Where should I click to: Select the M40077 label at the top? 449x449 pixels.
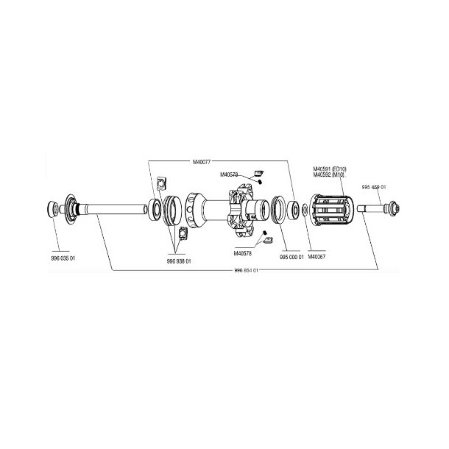tap(201, 161)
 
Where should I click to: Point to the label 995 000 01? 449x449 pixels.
tap(291, 258)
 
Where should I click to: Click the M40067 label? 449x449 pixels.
tap(316, 258)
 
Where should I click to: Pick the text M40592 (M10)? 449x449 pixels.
tap(329, 175)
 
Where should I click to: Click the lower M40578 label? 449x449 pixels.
tap(242, 253)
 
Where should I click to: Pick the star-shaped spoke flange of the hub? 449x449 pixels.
tap(239, 210)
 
